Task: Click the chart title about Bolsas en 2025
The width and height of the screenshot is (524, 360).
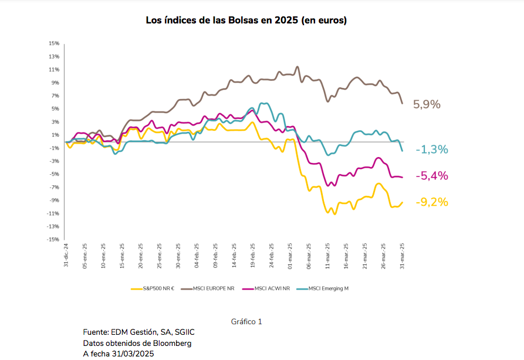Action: pyautogui.click(x=246, y=21)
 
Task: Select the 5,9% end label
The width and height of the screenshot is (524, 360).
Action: pyautogui.click(x=427, y=104)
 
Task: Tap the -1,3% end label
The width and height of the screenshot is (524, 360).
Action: pyautogui.click(x=432, y=150)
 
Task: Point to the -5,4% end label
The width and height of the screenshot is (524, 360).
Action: pyautogui.click(x=432, y=176)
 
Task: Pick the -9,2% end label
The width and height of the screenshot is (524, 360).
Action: pyautogui.click(x=432, y=202)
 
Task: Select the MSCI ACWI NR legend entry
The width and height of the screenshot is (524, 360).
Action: pyautogui.click(x=269, y=288)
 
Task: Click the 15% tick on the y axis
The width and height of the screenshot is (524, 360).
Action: pyautogui.click(x=54, y=43)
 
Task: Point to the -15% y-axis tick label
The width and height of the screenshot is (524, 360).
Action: pyautogui.click(x=53, y=239)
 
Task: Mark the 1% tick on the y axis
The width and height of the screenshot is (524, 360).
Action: pyautogui.click(x=55, y=135)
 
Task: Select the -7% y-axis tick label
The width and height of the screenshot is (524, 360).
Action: pyautogui.click(x=54, y=187)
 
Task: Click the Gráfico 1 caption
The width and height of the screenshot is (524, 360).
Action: pyautogui.click(x=246, y=321)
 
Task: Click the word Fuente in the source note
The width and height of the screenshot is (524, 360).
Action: pyautogui.click(x=95, y=332)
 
